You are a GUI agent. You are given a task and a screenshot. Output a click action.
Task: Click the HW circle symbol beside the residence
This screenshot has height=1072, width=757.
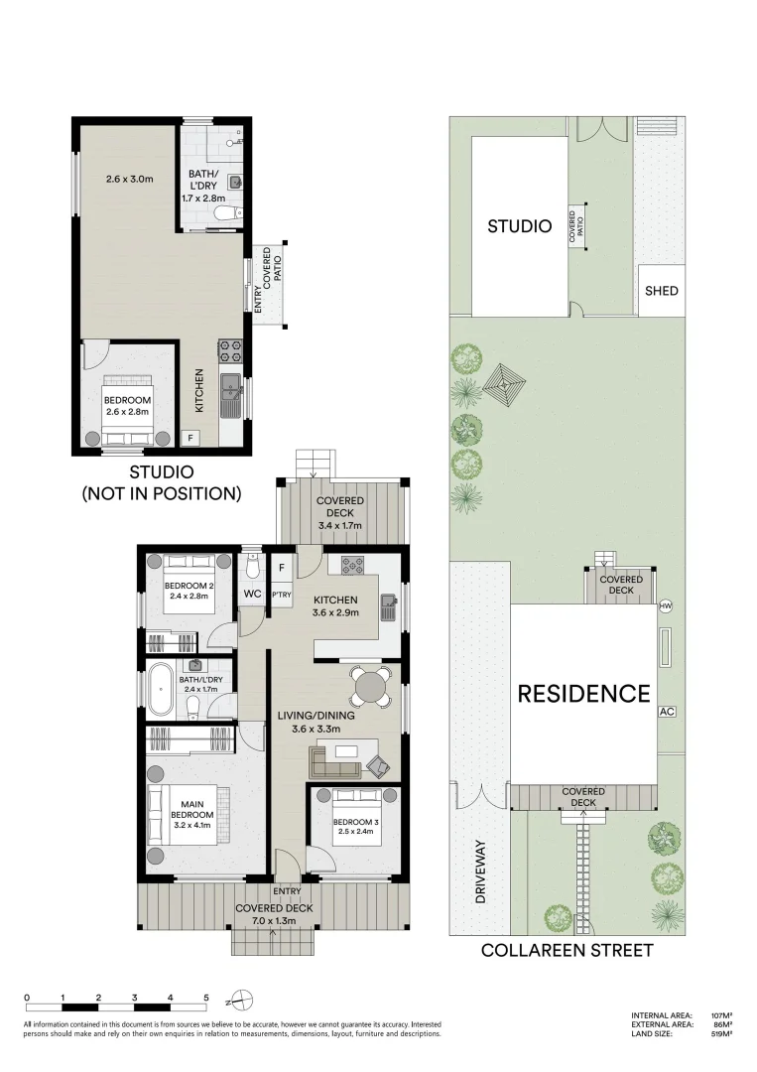(x=666, y=606)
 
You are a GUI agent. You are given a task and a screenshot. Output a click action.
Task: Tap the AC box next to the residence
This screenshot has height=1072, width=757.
(x=667, y=712)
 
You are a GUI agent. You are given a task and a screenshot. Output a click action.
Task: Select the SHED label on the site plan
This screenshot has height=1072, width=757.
(x=662, y=291)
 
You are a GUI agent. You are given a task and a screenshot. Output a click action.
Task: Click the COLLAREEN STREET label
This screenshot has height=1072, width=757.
(x=568, y=950)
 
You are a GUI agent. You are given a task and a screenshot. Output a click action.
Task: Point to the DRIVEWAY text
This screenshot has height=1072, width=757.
(x=479, y=871)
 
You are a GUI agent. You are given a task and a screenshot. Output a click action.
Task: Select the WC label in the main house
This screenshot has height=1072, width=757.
(x=253, y=594)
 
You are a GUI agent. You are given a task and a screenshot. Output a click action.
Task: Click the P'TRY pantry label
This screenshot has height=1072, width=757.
(x=282, y=595)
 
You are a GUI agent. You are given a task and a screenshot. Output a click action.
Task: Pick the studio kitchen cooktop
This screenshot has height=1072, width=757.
(x=229, y=350)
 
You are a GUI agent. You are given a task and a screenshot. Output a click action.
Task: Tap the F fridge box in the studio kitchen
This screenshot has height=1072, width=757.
(x=190, y=438)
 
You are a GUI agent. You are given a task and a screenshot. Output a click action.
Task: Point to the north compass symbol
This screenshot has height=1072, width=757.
(x=242, y=999)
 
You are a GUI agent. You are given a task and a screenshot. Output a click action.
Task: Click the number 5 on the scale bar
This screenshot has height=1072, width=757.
(x=205, y=998)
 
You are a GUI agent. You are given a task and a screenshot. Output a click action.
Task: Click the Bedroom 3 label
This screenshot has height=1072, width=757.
(x=352, y=822)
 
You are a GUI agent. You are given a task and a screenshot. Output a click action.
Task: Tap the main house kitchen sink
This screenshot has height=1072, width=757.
(x=390, y=606)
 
